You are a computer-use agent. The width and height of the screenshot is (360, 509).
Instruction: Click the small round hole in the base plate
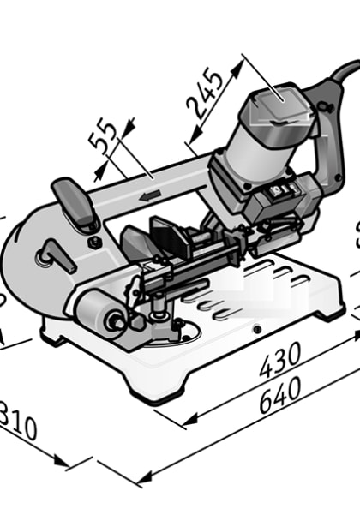coord(255,330)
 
